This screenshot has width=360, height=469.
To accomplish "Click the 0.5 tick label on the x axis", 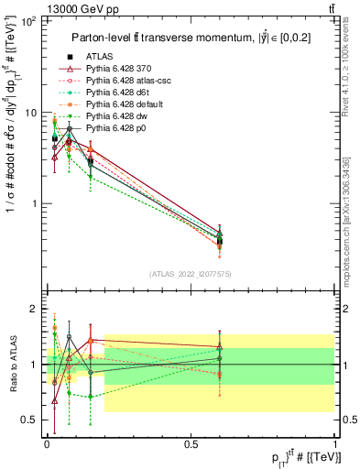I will click(191, 442).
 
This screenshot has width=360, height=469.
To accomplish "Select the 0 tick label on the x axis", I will click(47, 442).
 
